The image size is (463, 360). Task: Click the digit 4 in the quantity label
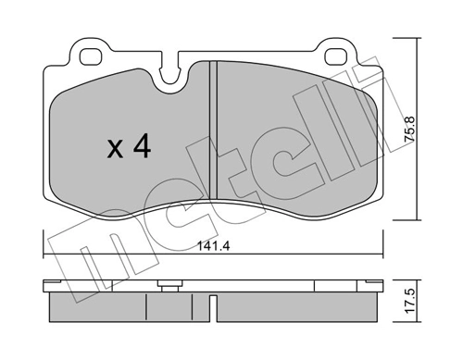pyautogui.click(x=140, y=146)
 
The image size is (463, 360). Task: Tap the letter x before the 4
pyautogui.click(x=115, y=148)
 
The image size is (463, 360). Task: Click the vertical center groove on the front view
pyautogui.click(x=212, y=139)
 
